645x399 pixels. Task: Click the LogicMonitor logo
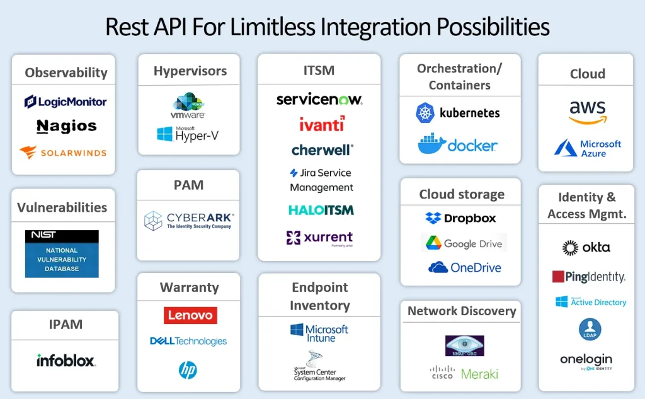(66, 101)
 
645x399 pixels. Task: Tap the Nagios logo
(66, 126)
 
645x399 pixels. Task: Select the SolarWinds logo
(63, 152)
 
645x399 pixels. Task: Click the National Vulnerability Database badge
(62, 254)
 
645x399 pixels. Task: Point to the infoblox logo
(66, 361)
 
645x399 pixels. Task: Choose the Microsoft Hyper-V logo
(188, 134)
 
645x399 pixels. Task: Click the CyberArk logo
(188, 221)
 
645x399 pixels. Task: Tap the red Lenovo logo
(190, 315)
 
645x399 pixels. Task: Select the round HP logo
(188, 370)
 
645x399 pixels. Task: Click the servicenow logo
(319, 100)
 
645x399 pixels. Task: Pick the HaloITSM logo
(321, 210)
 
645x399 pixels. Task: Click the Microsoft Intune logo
(319, 333)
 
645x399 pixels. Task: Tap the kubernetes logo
(458, 113)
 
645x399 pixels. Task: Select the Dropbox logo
(460, 218)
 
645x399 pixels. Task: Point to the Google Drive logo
(463, 243)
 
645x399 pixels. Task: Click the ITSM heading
(319, 71)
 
